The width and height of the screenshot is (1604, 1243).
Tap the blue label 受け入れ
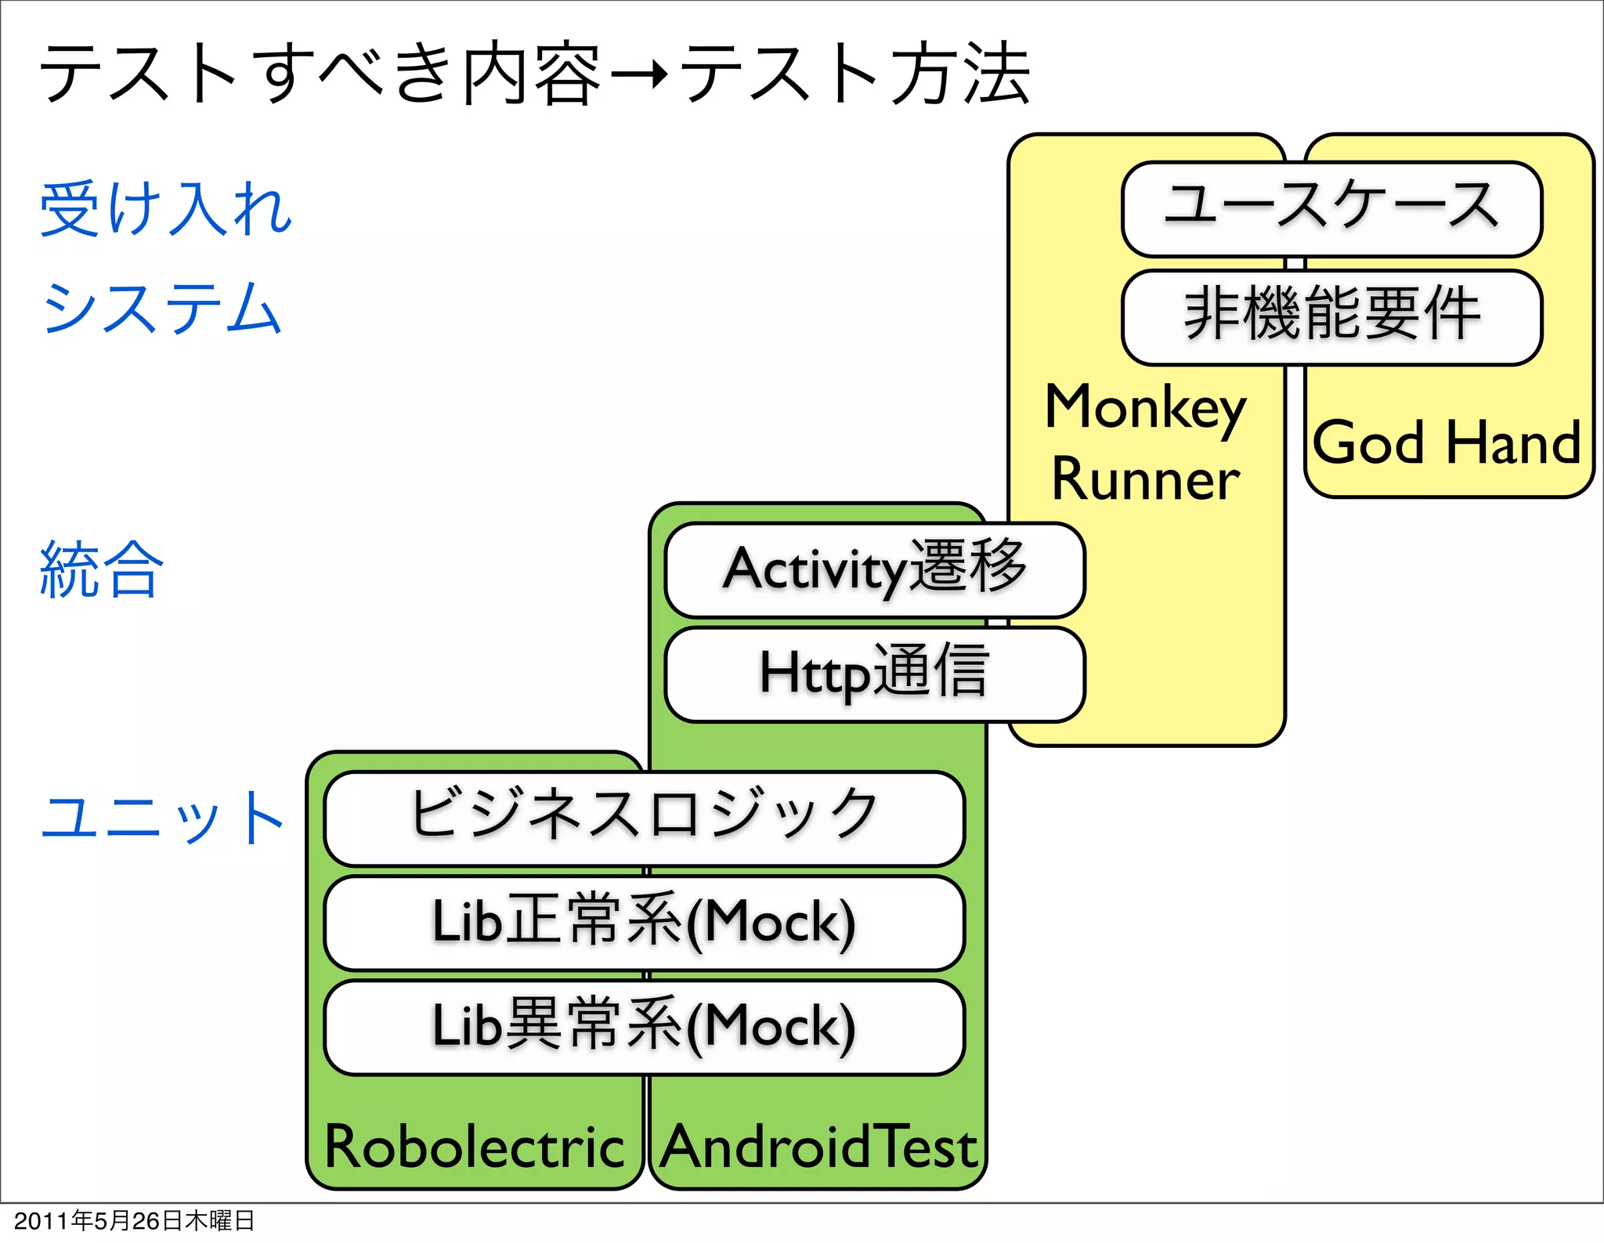(x=166, y=208)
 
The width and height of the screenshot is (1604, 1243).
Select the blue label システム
(x=161, y=308)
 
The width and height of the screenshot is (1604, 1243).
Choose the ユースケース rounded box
(x=1331, y=208)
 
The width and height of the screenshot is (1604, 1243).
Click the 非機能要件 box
(x=1331, y=316)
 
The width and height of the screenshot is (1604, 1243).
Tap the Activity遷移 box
(x=874, y=569)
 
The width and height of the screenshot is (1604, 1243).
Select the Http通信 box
(x=874, y=674)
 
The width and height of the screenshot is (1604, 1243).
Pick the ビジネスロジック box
(x=644, y=817)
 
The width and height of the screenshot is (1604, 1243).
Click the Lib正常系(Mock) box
(x=644, y=922)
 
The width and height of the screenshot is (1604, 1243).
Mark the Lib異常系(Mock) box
(x=644, y=1027)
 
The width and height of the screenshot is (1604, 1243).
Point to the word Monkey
(x=1145, y=409)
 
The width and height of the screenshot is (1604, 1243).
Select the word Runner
(x=1145, y=479)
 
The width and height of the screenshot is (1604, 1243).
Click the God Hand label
(x=1447, y=443)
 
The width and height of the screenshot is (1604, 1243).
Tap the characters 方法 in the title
(x=961, y=74)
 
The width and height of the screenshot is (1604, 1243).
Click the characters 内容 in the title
(x=532, y=74)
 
